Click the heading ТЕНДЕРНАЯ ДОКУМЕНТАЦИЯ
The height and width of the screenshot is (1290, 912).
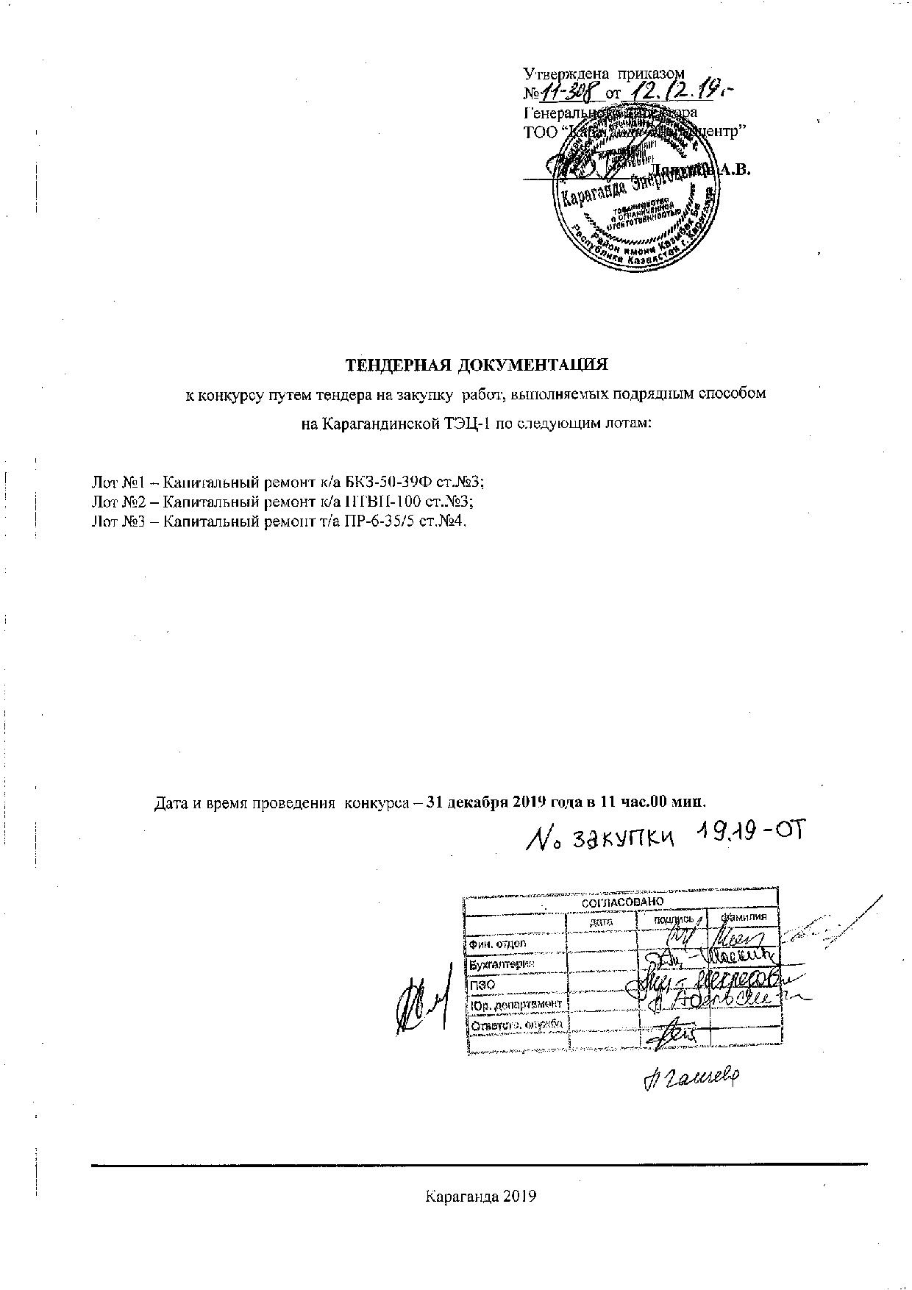click(x=477, y=365)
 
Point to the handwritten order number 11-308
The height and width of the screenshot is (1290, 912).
click(x=571, y=93)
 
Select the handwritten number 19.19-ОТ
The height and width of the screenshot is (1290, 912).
click(x=747, y=834)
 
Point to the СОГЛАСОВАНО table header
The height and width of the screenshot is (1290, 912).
click(x=622, y=902)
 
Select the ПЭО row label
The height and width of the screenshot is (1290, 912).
click(x=479, y=984)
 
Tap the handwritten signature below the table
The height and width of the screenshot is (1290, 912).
click(x=691, y=1077)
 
